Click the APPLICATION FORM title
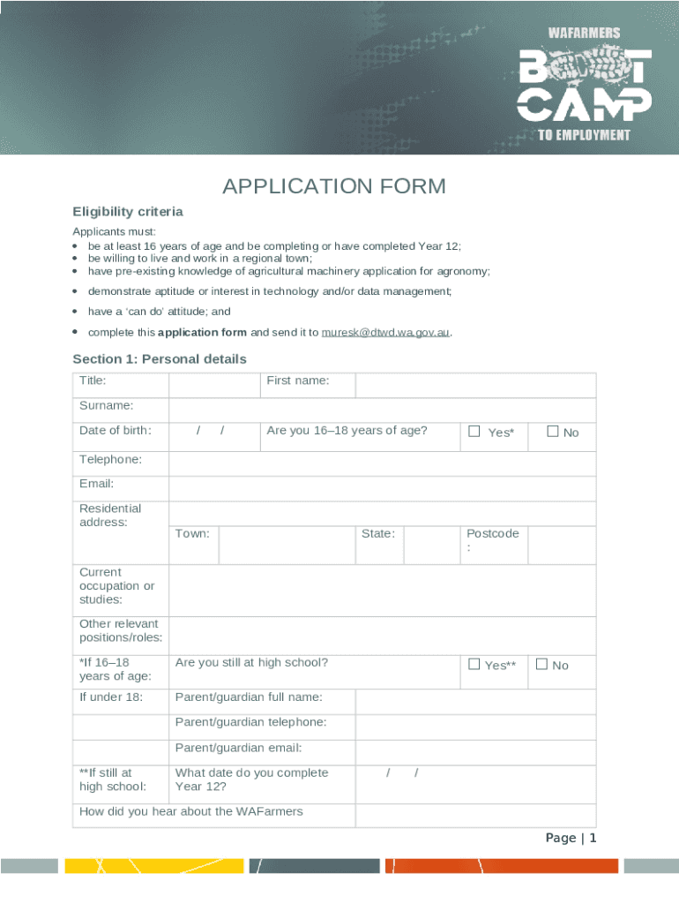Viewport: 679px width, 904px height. coord(334,186)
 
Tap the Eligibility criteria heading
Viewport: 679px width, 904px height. coord(128,212)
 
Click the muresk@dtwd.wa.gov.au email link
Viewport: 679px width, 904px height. coord(386,333)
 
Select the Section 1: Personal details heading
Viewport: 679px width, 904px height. coord(160,359)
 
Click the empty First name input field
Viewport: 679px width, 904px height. coord(475,385)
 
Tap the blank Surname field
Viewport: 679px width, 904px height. coord(382,411)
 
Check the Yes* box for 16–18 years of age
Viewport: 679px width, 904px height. coord(474,432)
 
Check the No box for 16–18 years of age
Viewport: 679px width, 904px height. coord(553,432)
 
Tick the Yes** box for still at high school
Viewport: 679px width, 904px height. coord(474,665)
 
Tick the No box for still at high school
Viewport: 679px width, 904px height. coord(541,665)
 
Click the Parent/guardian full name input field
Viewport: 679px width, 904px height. coord(475,702)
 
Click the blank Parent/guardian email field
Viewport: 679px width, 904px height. coord(475,751)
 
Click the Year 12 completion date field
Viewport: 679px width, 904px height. coord(475,779)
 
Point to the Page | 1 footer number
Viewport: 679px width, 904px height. coord(571,838)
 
